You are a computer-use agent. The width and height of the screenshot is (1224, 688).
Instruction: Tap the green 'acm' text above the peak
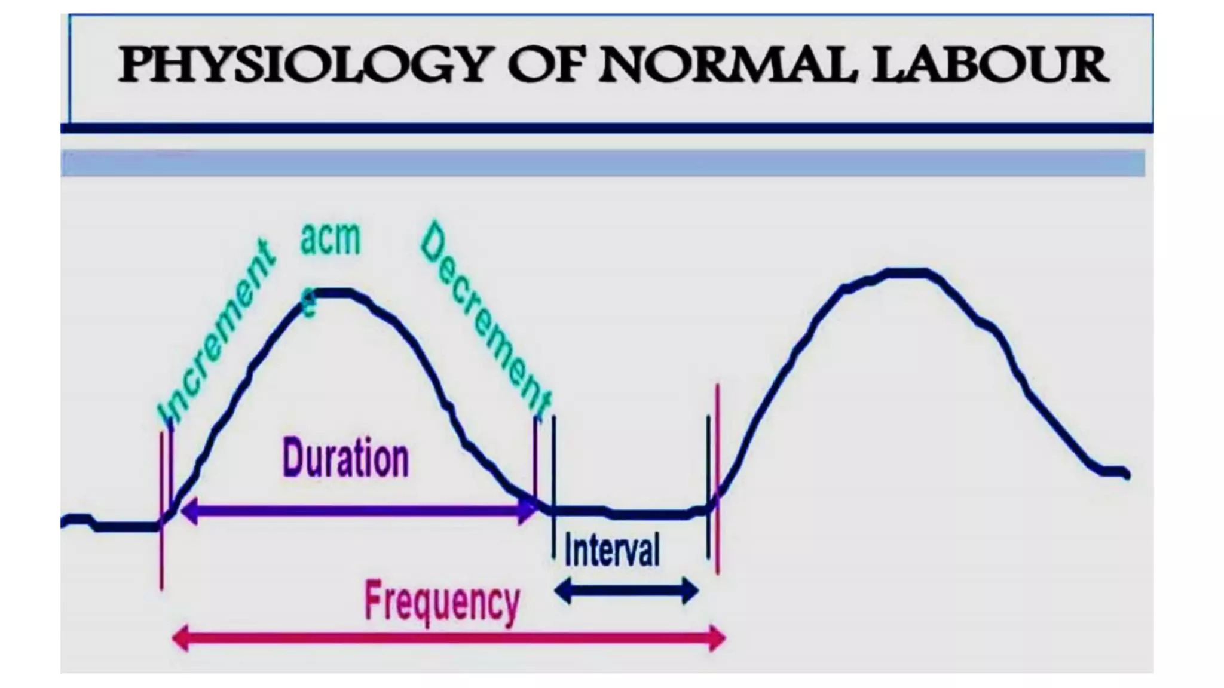331,239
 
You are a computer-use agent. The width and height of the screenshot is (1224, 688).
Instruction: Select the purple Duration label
345,459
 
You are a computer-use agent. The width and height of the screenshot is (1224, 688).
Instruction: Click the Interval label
612,550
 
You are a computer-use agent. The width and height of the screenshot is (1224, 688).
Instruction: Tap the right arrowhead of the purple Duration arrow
528,512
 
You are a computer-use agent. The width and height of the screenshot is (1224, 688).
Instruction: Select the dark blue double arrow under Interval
626,591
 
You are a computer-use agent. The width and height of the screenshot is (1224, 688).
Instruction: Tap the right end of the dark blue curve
1126,474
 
